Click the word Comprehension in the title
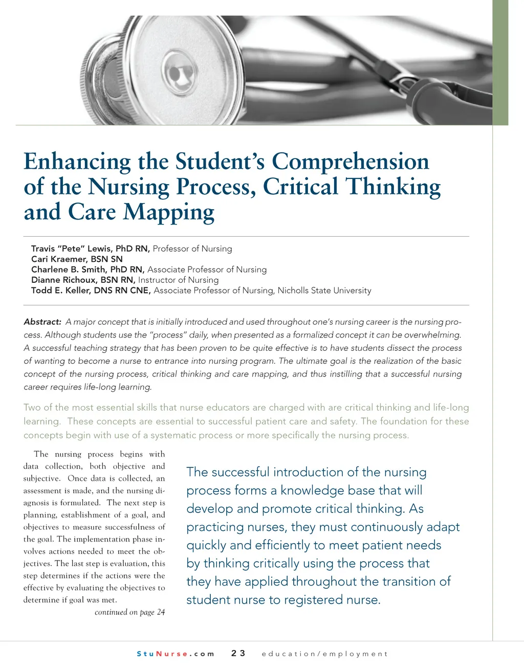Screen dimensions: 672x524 pyautogui.click(x=350, y=162)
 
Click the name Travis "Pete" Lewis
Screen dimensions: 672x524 pyautogui.click(x=71, y=249)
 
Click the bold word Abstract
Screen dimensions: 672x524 pyautogui.click(x=42, y=322)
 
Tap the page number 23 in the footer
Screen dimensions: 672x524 pyautogui.click(x=238, y=653)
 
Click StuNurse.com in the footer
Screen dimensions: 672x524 pyautogui.click(x=175, y=654)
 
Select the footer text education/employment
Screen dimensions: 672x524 pyautogui.click(x=324, y=654)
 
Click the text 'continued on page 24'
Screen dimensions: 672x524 pyautogui.click(x=129, y=612)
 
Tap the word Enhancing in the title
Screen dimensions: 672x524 pyautogui.click(x=77, y=162)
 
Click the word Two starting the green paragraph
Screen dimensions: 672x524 pyautogui.click(x=32, y=408)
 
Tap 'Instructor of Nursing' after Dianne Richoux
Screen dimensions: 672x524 pyautogui.click(x=178, y=280)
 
